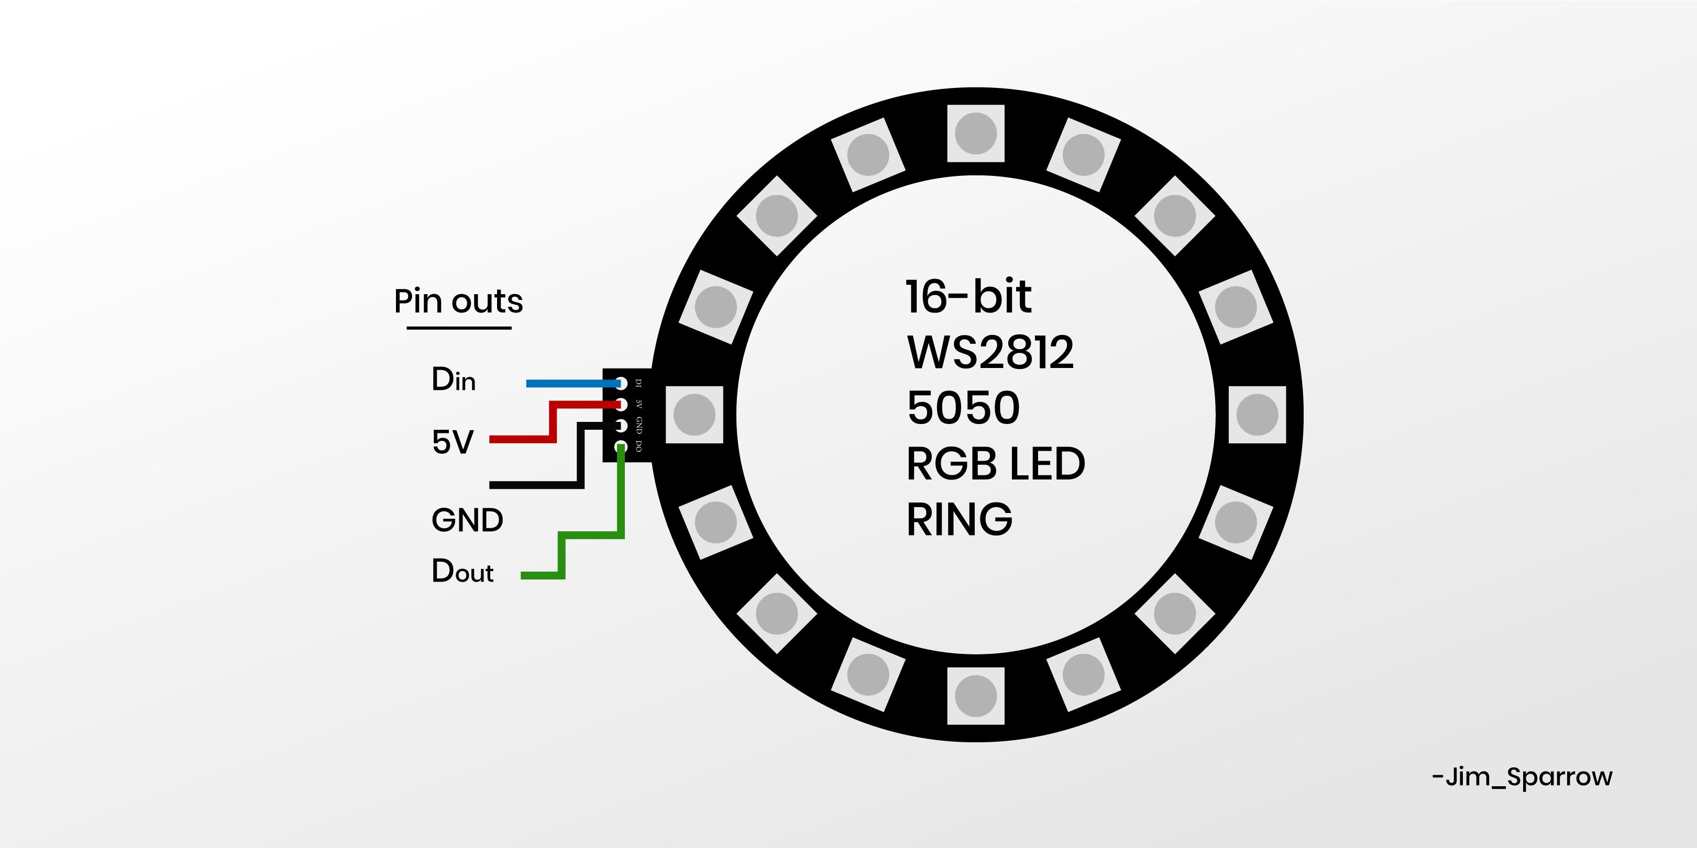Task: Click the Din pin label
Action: [x=453, y=380]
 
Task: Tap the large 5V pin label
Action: [x=453, y=442]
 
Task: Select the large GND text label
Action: [x=467, y=520]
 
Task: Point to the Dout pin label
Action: [x=462, y=571]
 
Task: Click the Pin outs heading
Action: [x=458, y=302]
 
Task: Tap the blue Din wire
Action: [x=567, y=383]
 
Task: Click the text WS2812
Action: [x=989, y=352]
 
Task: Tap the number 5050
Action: [x=963, y=408]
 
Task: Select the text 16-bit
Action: [x=968, y=297]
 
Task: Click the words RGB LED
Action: [x=995, y=463]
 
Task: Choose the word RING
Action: [x=959, y=519]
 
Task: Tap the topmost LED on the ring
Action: [x=976, y=133]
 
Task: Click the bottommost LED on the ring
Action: [x=976, y=696]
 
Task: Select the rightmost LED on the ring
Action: [x=1257, y=415]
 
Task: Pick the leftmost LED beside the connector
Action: [x=695, y=415]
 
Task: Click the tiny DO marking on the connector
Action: [x=638, y=447]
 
